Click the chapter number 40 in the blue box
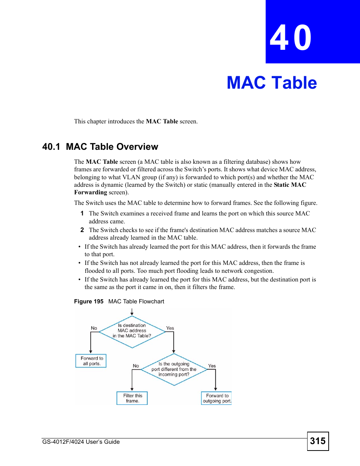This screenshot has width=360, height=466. click(291, 38)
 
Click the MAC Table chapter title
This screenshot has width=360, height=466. click(272, 83)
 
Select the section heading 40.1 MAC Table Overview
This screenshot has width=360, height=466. click(100, 147)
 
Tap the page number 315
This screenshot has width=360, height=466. click(318, 441)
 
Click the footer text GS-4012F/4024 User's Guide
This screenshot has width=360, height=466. click(81, 442)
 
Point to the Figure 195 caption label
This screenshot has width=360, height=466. click(89, 301)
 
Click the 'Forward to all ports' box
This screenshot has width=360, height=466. click(91, 361)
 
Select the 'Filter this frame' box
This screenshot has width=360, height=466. click(132, 398)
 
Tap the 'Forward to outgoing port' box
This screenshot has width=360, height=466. click(216, 398)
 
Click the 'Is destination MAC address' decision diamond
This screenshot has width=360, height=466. click(132, 331)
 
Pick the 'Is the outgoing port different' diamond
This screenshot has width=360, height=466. click(174, 369)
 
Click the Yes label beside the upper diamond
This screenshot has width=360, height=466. click(170, 328)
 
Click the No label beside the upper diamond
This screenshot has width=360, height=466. click(94, 328)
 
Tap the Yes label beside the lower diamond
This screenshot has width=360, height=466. click(212, 366)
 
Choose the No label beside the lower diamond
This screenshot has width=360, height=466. click(136, 366)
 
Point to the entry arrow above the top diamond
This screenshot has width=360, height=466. click(132, 312)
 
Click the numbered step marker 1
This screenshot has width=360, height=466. click(82, 214)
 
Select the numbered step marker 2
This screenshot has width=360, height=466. click(82, 230)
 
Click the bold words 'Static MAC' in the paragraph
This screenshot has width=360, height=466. click(290, 185)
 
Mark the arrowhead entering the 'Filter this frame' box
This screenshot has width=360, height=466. click(132, 389)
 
